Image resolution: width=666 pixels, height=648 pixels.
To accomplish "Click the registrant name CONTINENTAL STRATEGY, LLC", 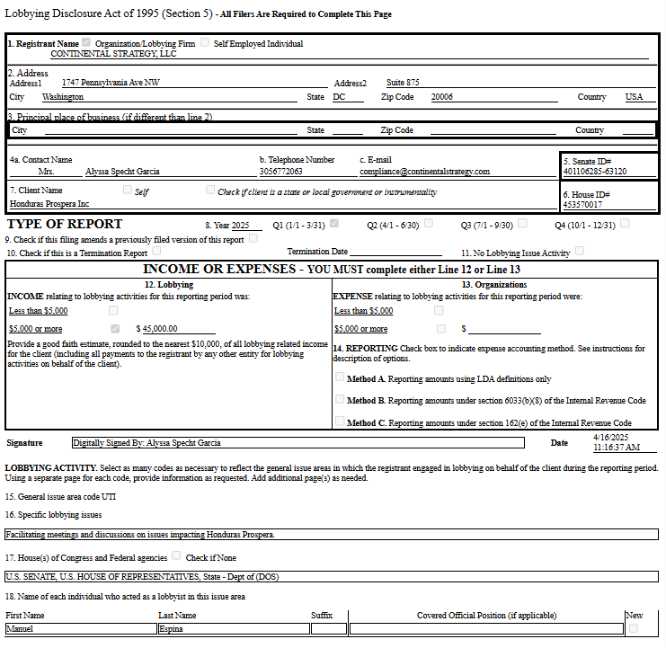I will (113, 54).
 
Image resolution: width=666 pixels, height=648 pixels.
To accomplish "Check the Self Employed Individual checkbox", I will (205, 42).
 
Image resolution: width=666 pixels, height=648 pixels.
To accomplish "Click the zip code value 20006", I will (442, 96).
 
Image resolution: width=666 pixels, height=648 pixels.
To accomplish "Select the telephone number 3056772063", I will (281, 171).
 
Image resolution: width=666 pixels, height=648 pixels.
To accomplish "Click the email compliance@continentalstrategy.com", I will (424, 171).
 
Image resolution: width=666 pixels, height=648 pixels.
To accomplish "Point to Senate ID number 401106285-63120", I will (595, 171).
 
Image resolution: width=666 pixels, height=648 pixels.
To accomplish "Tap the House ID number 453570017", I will (582, 204).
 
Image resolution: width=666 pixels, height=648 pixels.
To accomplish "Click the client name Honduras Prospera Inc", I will (50, 204).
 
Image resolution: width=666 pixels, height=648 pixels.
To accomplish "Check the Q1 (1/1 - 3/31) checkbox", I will (334, 224).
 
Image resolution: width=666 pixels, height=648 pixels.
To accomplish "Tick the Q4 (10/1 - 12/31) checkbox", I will (625, 224).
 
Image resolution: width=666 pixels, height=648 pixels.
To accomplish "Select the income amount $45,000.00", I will (161, 329).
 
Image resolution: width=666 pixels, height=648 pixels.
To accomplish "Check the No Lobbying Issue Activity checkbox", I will (580, 252).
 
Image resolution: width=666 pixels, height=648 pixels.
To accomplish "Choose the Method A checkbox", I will (340, 377).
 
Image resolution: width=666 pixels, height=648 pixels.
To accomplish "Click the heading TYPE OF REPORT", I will (65, 224).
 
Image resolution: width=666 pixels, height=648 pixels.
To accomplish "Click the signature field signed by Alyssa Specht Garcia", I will (297, 442).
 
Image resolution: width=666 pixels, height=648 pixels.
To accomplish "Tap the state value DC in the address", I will (340, 96).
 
